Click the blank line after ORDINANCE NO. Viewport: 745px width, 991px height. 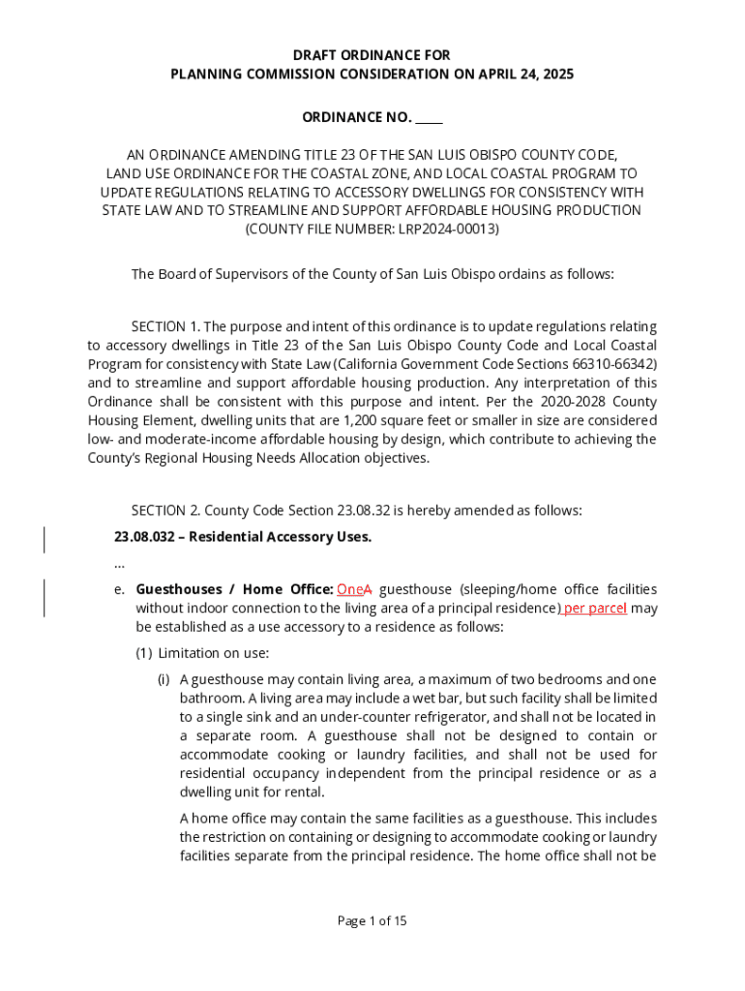[x=429, y=118]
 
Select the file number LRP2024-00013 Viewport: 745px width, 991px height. [x=450, y=229]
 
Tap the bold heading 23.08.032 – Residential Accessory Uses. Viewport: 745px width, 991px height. [x=242, y=536]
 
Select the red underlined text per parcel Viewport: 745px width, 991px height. [x=595, y=608]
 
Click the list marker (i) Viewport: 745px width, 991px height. [x=165, y=679]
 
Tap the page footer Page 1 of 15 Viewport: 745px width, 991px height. [x=372, y=920]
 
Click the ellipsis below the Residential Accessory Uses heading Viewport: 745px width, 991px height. [x=119, y=563]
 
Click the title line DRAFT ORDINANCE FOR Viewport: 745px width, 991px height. [x=372, y=56]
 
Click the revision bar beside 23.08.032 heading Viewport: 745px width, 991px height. [x=45, y=537]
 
